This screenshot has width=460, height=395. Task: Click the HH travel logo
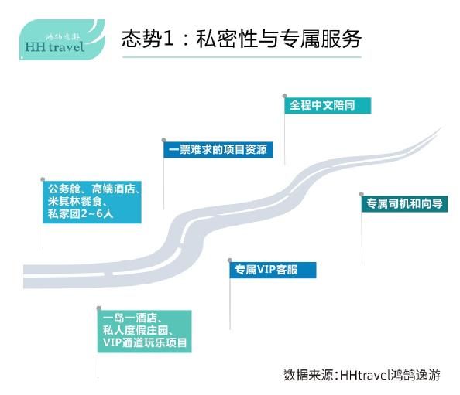62,39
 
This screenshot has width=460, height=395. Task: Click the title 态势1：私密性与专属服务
242,39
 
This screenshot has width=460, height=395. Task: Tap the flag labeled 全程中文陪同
328,105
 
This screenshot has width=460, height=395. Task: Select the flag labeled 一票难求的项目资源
218,150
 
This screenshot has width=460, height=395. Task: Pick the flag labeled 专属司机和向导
404,203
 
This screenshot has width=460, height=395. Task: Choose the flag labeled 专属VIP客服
273,270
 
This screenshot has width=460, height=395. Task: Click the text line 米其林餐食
77,202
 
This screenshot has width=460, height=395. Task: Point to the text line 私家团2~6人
81,214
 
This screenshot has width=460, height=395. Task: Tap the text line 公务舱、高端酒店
94,189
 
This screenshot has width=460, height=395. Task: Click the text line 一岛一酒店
132,318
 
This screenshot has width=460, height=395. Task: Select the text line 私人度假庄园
138,330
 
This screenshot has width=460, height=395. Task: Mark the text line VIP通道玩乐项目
145,342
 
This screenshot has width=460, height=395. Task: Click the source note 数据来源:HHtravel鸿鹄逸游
362,375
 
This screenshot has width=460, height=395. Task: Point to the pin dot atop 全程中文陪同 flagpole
284,96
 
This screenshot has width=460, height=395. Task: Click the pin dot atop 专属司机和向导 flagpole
362,194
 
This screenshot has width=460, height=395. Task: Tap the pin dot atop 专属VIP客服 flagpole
230,260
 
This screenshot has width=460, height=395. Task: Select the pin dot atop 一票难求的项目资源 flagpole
163,140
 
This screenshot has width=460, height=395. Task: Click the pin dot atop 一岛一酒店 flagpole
99,308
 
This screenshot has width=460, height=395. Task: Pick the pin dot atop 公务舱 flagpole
43,179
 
